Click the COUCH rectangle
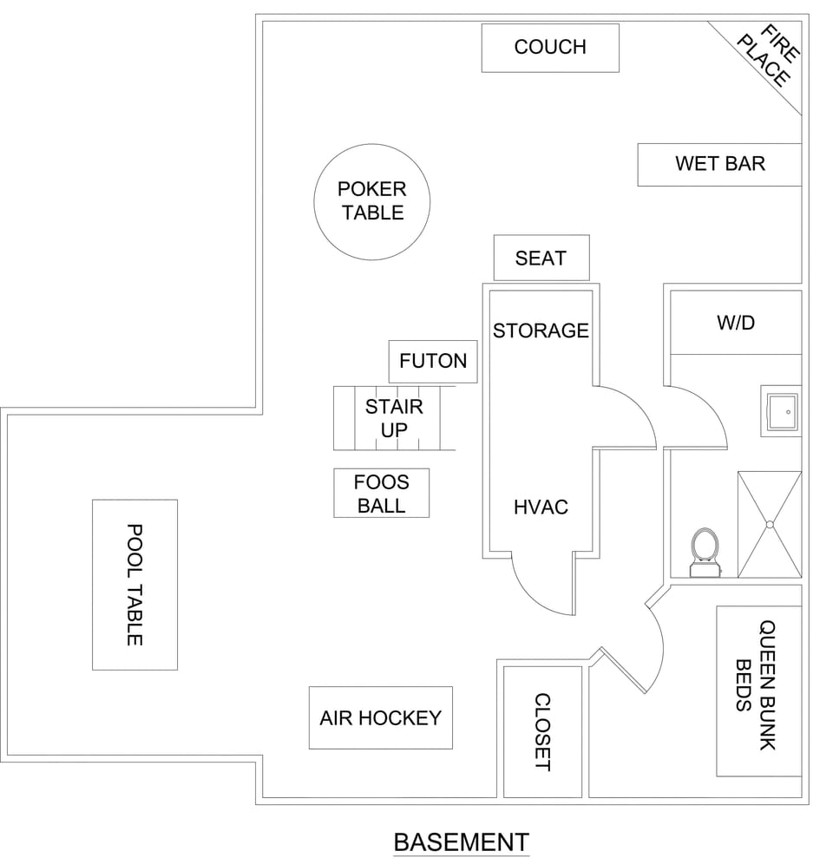550,48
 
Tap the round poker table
371,201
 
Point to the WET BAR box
719,164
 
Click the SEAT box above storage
541,258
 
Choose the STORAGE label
541,331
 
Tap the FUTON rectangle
433,361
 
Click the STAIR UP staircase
394,418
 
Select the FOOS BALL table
381,494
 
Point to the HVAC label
541,507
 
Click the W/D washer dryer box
736,323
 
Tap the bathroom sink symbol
781,410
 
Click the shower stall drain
769,524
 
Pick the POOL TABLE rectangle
134,584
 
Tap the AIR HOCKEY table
380,718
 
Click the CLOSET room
542,731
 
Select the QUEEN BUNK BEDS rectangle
758,691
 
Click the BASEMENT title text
461,842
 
